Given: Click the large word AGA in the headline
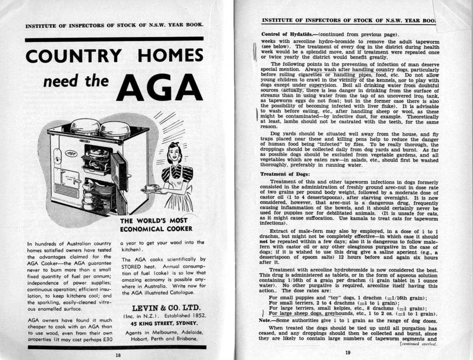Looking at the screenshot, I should coord(160,87).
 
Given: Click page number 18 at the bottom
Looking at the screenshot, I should coord(118,354).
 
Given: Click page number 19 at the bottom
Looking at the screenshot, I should coord(347,352).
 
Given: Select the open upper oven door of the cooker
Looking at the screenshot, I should coord(119,170).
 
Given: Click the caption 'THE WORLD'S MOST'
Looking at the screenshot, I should coord(154,221).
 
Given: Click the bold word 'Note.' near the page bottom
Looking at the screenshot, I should coord(267,320).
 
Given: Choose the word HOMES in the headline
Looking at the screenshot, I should coord(170,56).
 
